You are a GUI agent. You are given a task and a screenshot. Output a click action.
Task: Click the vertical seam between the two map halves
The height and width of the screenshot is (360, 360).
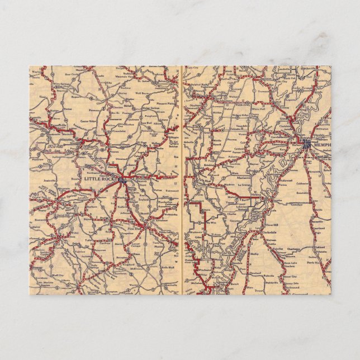pyautogui.click(x=182, y=179)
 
